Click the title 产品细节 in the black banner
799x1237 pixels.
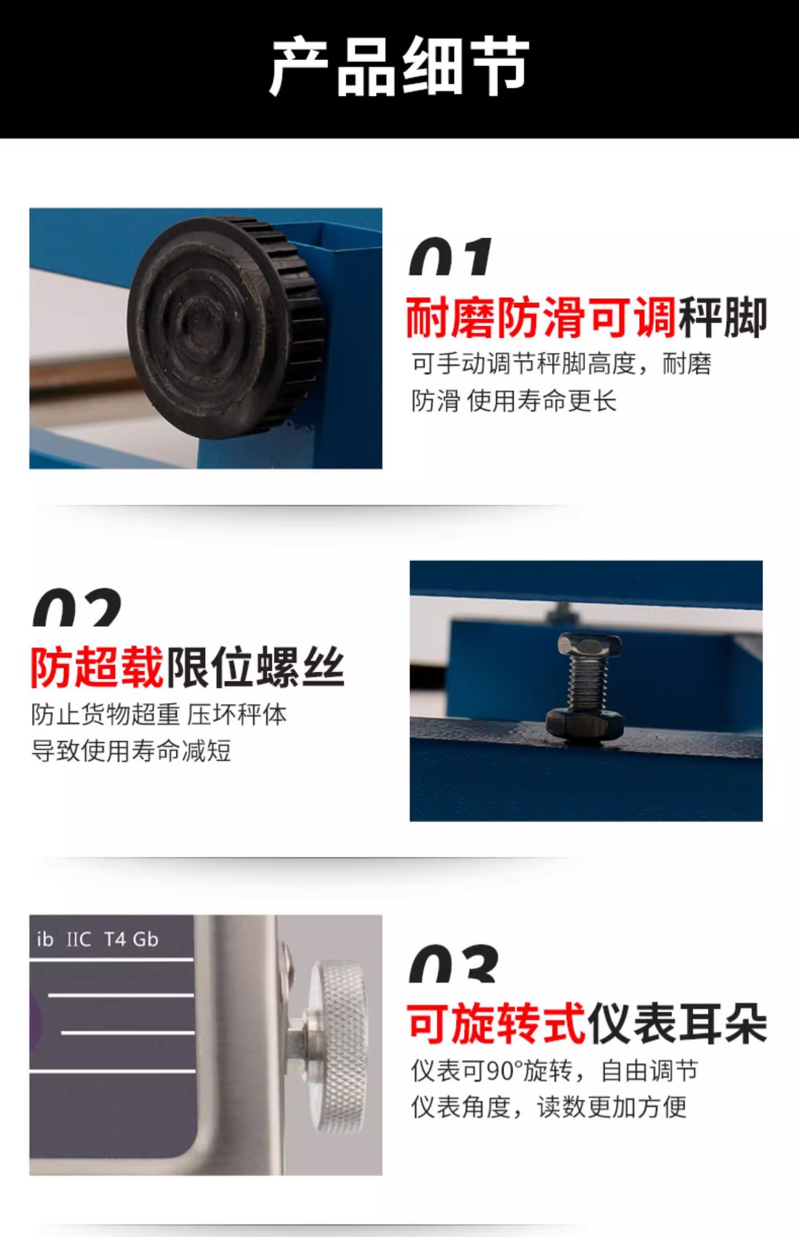400,66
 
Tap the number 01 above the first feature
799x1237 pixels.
450,256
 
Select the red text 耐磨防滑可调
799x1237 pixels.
541,317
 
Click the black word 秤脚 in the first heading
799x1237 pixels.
722,317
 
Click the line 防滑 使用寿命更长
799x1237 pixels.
514,401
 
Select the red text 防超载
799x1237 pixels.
97,667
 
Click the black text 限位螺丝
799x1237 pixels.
256,667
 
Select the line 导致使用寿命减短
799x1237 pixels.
131,751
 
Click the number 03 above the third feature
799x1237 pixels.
454,964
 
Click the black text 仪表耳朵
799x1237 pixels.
677,1024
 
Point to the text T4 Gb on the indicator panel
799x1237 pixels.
131,939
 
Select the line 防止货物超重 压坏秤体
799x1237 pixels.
159,714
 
